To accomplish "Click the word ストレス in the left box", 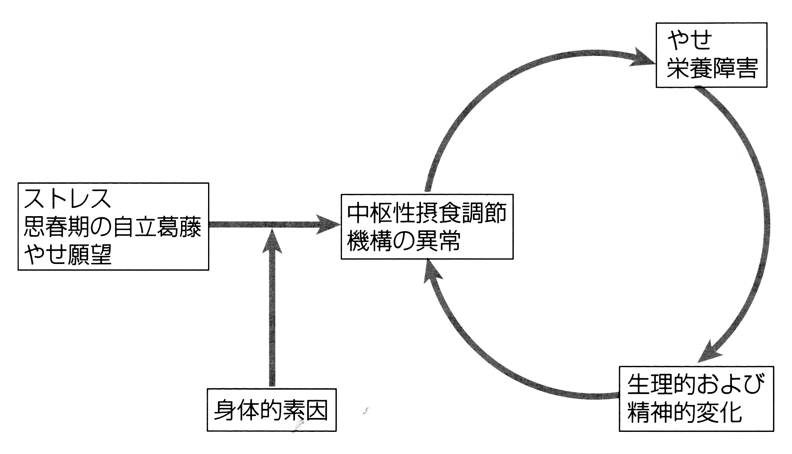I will coord(68,199).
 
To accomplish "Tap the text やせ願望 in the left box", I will coord(68,255).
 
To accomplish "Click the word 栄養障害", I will coord(712,68).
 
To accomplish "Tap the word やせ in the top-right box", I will coord(690,40).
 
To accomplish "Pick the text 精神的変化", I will coord(685,413).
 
